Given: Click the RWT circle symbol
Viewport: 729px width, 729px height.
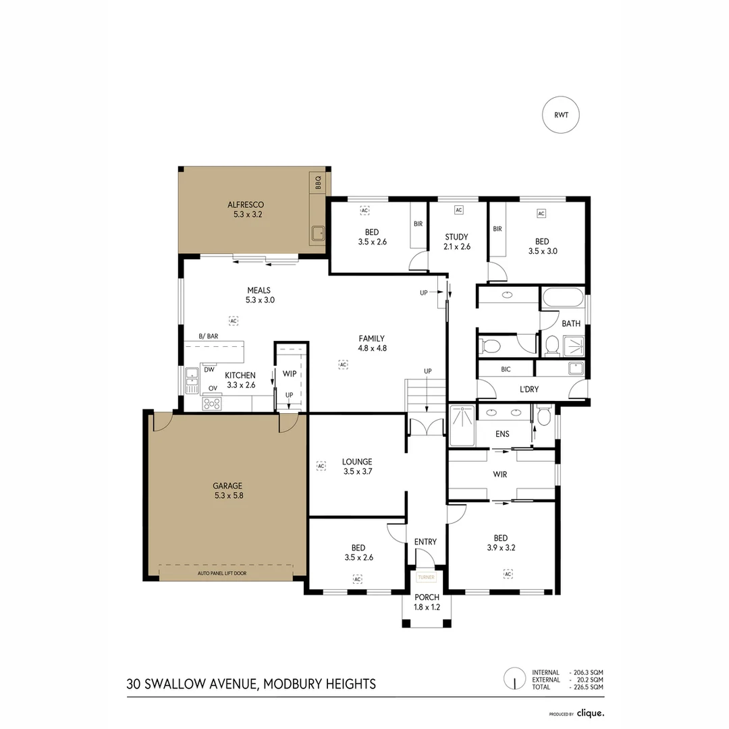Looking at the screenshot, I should coord(562,115).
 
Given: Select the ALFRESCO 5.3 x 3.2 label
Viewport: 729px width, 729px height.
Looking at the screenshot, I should coord(245,209).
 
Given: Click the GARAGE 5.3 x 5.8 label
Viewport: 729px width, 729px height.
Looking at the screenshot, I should coord(227,490).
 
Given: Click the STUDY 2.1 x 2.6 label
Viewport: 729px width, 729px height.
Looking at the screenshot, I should coord(457,242).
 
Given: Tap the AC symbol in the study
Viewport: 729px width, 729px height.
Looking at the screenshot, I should coord(458,211).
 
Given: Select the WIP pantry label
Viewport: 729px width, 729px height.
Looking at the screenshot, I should coord(290,373).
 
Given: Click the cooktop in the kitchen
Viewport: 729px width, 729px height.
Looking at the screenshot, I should coord(212,404).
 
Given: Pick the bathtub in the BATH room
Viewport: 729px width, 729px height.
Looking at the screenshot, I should coord(562,298).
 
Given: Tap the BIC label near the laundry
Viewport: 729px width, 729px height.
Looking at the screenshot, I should coord(506,370).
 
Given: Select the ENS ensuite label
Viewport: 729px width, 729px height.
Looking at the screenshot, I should coord(502,434).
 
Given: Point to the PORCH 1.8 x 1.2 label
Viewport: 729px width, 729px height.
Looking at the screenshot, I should coord(427,602).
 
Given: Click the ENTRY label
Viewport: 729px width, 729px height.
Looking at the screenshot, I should coord(425,541).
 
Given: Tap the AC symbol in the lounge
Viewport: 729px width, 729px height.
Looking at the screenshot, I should coord(321,466).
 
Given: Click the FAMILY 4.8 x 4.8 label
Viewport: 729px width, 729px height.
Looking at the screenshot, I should coord(372,344).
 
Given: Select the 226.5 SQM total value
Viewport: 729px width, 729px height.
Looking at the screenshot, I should coord(587,686).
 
